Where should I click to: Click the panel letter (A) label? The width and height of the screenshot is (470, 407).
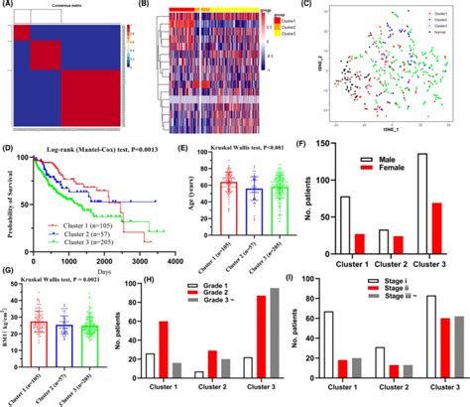pyautogui.click(x=8, y=6)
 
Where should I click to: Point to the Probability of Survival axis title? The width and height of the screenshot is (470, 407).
pyautogui.click(x=8, y=204)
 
